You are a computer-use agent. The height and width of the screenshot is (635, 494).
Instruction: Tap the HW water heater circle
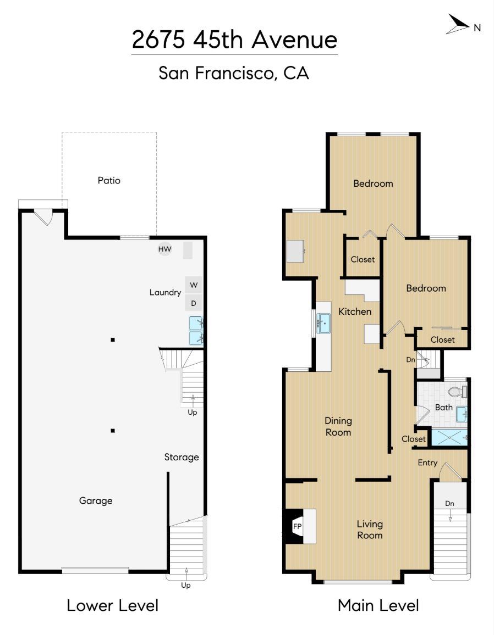click(x=164, y=249)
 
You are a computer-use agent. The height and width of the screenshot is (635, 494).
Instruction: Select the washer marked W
click(x=194, y=285)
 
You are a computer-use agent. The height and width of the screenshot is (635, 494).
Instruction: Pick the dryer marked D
click(x=194, y=303)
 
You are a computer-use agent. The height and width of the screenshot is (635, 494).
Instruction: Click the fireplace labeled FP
click(x=297, y=526)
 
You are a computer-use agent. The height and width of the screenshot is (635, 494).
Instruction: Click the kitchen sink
click(x=323, y=324)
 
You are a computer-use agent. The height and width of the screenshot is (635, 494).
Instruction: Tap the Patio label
click(x=109, y=180)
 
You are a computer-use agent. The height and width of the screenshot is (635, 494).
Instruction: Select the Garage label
click(x=96, y=500)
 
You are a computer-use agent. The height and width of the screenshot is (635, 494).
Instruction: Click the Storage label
click(x=182, y=457)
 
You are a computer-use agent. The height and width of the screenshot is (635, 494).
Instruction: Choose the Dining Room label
click(x=338, y=426)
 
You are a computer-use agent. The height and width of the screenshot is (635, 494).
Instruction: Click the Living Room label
click(x=370, y=530)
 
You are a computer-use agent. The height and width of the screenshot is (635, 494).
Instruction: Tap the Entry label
click(x=427, y=463)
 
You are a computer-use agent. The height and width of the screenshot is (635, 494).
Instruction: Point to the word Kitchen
click(x=355, y=311)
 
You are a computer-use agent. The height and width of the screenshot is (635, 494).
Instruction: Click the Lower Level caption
click(x=112, y=605)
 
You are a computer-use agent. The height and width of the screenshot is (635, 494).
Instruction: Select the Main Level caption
click(x=378, y=605)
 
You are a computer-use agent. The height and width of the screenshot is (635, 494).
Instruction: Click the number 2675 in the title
click(x=158, y=40)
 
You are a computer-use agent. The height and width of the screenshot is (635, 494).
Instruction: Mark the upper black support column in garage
click(x=113, y=340)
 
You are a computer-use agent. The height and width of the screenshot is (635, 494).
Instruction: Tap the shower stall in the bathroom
click(x=449, y=438)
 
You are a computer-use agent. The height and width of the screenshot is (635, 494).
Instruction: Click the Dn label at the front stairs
click(x=449, y=503)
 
